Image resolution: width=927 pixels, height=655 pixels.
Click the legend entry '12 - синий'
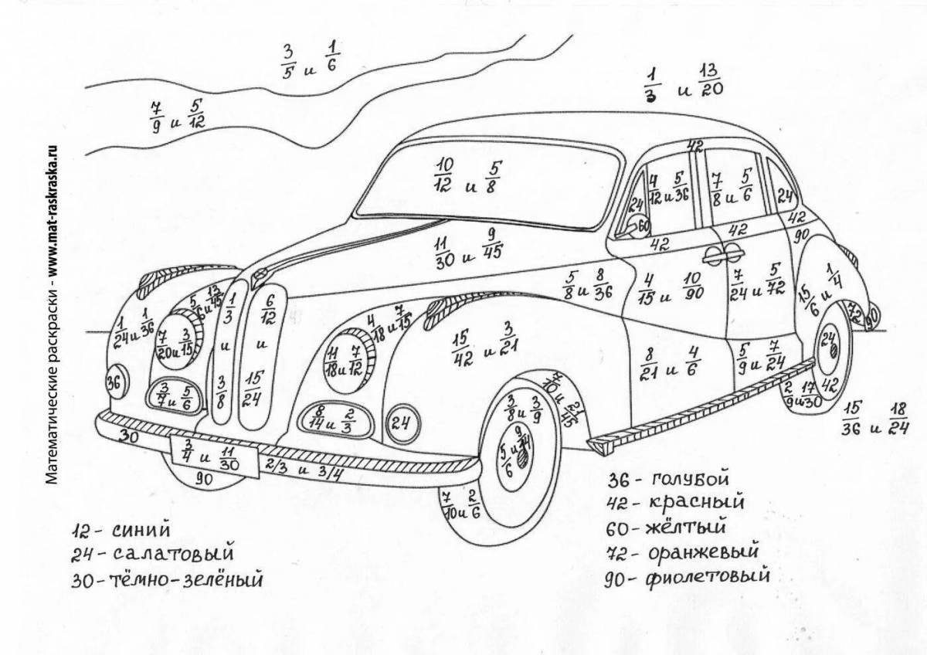point(120,531)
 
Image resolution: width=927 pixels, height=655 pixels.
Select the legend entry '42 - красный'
point(675,503)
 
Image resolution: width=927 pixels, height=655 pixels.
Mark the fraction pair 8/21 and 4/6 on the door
point(671,361)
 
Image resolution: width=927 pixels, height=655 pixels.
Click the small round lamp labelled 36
point(114,382)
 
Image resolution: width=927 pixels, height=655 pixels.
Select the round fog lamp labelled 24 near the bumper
point(400,422)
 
